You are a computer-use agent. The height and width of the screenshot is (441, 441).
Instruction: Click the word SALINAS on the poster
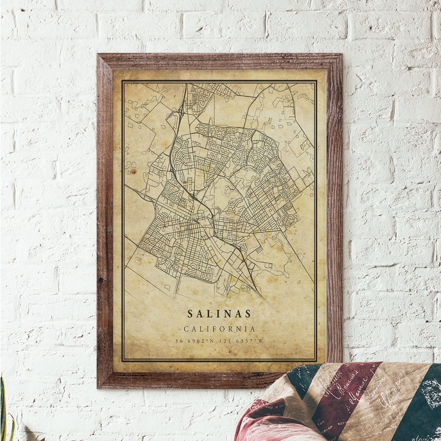[219, 314]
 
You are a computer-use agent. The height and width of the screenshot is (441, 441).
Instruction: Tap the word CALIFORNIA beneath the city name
[219, 329]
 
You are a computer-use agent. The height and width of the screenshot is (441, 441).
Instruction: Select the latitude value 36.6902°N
[194, 341]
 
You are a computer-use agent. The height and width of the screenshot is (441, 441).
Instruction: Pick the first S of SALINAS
[190, 314]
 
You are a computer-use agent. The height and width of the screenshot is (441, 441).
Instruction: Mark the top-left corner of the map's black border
[123, 80]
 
